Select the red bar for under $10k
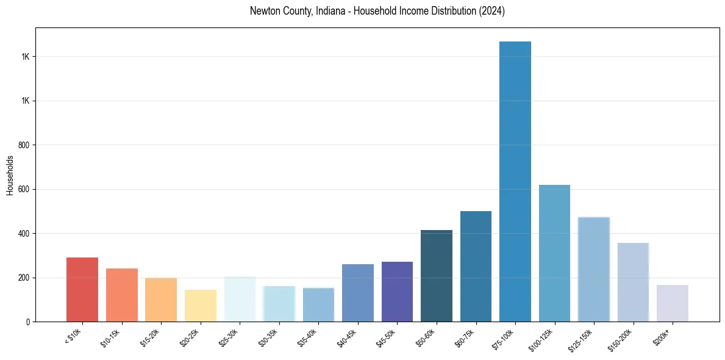(x=82, y=289)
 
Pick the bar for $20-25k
(x=201, y=306)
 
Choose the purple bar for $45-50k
(x=397, y=292)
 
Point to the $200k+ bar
(x=673, y=303)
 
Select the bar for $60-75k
(x=476, y=266)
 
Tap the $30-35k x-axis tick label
(x=268, y=337)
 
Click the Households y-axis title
(x=10, y=175)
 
